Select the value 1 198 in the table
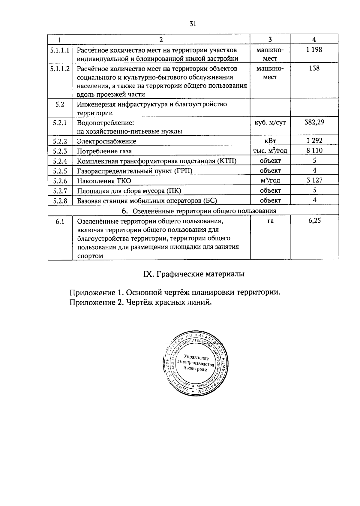(x=314, y=50)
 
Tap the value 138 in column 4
(x=314, y=68)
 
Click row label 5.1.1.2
(x=60, y=69)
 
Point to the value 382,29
(x=314, y=122)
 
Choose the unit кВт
(x=270, y=141)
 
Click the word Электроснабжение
(x=106, y=141)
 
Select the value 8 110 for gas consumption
(x=314, y=151)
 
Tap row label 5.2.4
(x=60, y=161)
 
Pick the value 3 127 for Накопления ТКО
(x=314, y=180)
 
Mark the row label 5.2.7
(x=60, y=191)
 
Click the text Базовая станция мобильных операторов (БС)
(x=147, y=201)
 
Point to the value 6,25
(x=314, y=221)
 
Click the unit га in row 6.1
(x=270, y=221)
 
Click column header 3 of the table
(x=270, y=39)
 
